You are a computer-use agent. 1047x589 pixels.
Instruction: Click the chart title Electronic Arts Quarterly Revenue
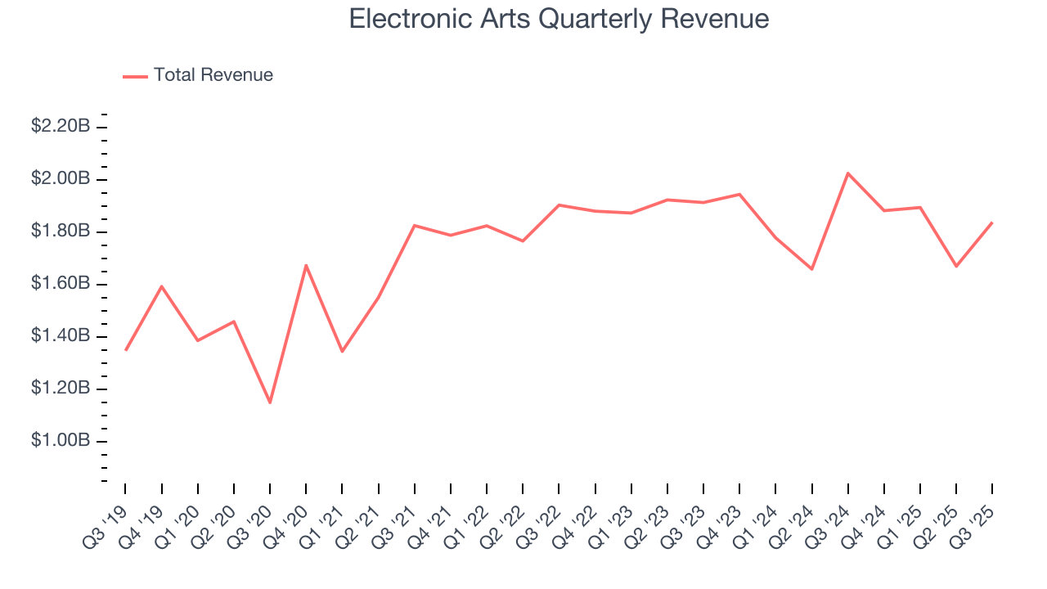pos(559,19)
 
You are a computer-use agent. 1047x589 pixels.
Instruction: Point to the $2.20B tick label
pos(61,126)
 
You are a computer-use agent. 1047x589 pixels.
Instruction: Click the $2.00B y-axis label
pos(61,178)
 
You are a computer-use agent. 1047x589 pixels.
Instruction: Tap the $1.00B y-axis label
pos(61,441)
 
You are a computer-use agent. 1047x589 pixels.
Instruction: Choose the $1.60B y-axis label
pos(61,284)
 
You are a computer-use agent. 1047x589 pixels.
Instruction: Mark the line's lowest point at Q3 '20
pos(270,402)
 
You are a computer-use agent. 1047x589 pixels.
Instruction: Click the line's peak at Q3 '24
pos(848,173)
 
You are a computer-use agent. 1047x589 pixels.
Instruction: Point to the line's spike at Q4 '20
pos(306,265)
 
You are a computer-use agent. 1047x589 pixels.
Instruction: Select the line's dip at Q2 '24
pos(812,269)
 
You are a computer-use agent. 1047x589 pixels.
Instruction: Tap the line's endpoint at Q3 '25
pos(992,223)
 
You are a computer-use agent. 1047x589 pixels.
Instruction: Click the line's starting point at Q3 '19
pos(126,350)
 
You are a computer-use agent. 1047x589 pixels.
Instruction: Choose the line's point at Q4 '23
pos(739,194)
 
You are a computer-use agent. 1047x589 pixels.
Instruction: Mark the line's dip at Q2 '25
pos(956,266)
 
